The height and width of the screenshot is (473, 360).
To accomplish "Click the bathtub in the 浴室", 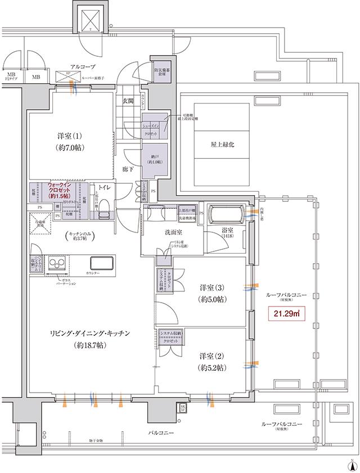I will (226, 217).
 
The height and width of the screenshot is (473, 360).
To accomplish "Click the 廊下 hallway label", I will (128, 168).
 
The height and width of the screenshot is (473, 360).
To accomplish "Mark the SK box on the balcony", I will (183, 408).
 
